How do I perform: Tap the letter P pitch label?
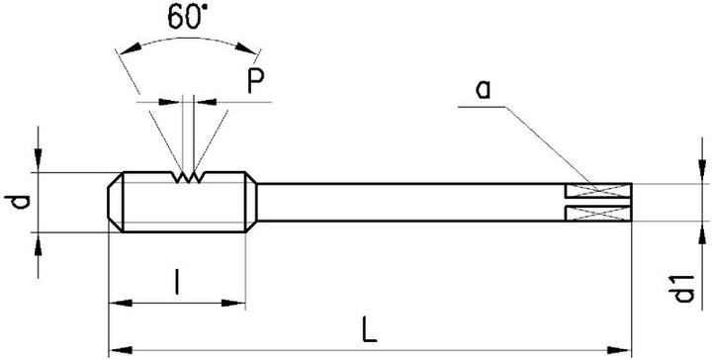[x=255, y=83]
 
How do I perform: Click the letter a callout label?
[x=484, y=90]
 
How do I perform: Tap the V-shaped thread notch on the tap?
[x=188, y=178]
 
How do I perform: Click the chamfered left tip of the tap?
[x=115, y=203]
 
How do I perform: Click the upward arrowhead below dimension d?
[x=38, y=241]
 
